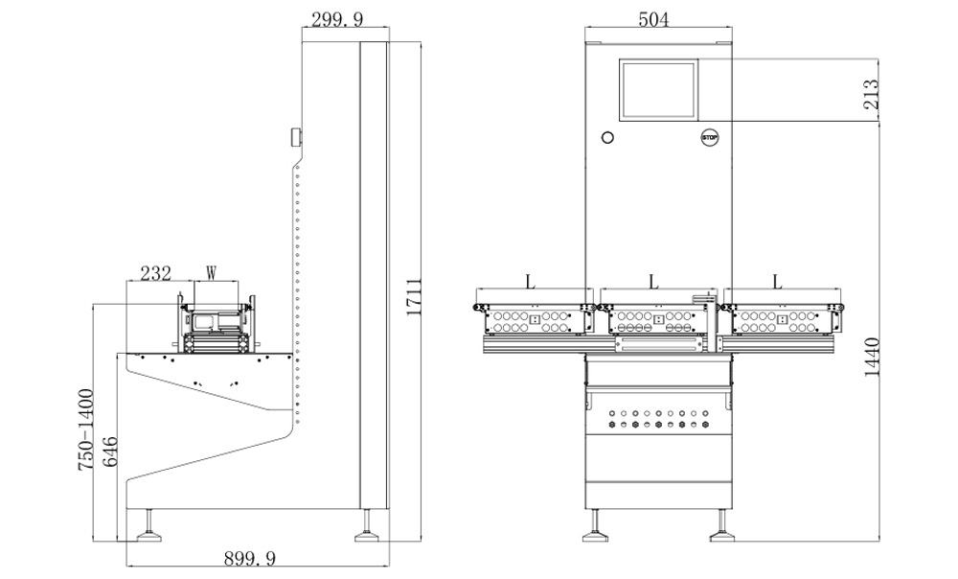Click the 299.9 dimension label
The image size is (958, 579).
338,18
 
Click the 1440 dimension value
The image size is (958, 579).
872,357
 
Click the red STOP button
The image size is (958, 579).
710,137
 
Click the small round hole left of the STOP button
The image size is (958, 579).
604,137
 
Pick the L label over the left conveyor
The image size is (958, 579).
529,282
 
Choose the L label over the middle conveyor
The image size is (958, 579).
653,282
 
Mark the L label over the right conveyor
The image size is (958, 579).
777,282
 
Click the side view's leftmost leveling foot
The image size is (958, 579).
149,524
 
